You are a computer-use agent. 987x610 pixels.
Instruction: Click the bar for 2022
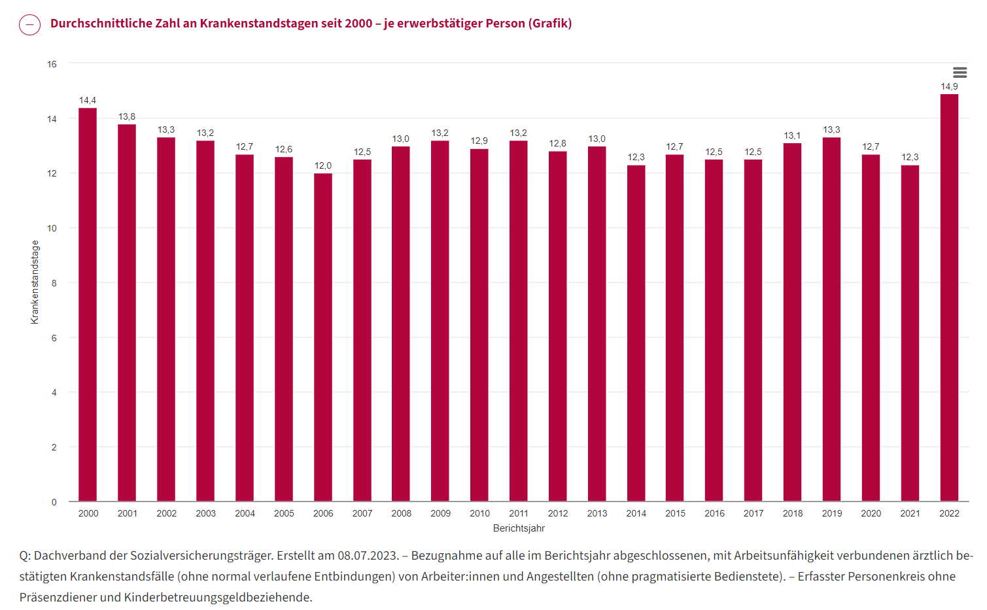949,297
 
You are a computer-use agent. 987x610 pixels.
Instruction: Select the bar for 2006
323,337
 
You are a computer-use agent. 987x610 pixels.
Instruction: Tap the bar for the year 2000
88,304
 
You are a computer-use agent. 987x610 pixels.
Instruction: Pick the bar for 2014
636,333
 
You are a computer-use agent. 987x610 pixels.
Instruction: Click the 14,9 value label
949,86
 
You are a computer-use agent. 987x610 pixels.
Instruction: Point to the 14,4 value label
88,100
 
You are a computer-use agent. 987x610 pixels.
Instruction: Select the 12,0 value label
323,165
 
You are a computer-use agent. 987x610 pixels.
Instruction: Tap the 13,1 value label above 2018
792,135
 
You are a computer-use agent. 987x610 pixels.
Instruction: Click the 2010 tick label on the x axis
479,513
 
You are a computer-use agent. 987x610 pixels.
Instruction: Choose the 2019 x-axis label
832,513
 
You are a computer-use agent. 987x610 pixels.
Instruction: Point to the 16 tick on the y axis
52,64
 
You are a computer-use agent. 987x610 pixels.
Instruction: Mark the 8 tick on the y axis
54,283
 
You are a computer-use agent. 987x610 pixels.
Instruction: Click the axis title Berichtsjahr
519,528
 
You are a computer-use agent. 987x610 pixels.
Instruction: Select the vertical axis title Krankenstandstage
35,282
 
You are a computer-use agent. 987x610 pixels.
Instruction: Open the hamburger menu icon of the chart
960,73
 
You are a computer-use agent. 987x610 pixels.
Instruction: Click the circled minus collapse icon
30,25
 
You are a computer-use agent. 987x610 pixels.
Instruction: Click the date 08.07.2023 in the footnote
368,555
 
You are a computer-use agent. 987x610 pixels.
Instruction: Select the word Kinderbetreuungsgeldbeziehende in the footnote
218,597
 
